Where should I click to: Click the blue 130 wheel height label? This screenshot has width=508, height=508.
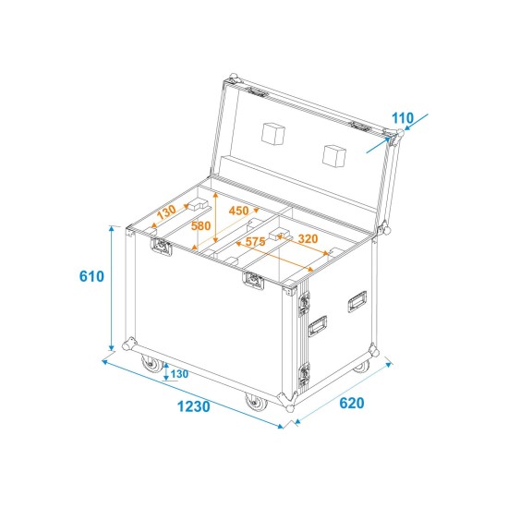(x=178, y=373)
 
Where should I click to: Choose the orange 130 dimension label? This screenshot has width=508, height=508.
(x=165, y=212)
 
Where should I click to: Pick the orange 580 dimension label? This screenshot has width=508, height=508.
(x=201, y=225)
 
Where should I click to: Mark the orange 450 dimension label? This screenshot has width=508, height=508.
(x=238, y=210)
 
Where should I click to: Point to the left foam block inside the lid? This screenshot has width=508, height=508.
(x=273, y=135)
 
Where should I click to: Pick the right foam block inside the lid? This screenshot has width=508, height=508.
(x=334, y=153)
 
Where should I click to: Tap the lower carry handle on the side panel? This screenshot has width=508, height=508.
(x=319, y=325)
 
